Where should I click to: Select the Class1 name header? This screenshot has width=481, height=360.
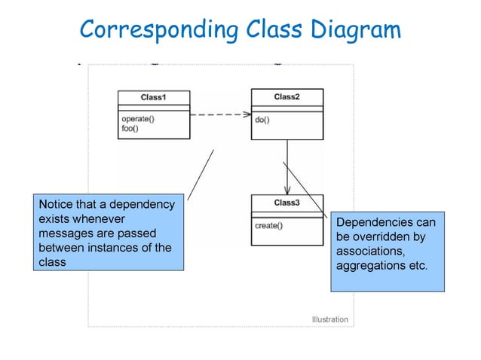point(153,98)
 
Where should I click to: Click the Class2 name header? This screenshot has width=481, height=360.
point(286,96)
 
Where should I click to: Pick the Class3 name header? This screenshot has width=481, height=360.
point(286,203)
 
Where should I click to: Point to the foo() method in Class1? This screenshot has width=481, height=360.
point(130,128)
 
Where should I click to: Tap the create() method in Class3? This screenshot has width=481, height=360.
point(268,225)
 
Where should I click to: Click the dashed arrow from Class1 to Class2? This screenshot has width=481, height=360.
point(219,115)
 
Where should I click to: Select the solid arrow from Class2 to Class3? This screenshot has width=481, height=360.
point(286,166)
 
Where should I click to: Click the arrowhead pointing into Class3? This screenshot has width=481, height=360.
point(286,191)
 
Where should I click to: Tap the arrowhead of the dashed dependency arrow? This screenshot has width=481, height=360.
point(246,115)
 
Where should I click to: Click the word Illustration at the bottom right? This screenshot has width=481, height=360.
point(330,319)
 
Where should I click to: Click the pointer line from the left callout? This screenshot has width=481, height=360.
point(201,174)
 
